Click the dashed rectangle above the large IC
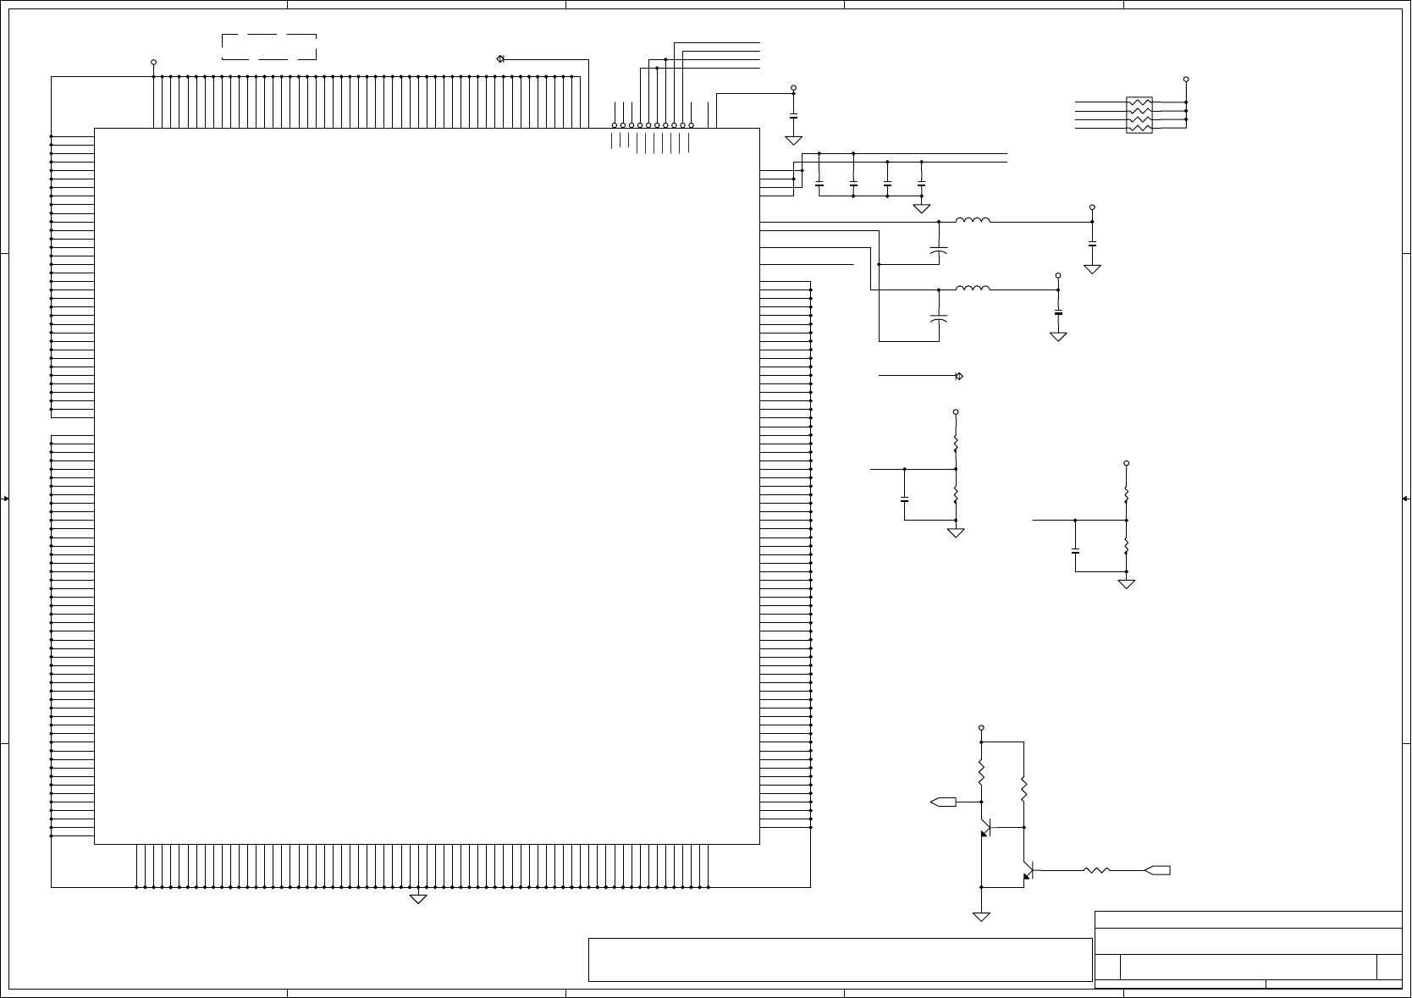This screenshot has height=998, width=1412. [x=269, y=47]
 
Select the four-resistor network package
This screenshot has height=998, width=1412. [x=1139, y=115]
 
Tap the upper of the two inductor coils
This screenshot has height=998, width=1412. [x=973, y=221]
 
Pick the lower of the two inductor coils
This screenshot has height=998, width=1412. [x=973, y=289]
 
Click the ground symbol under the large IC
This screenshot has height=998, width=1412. [x=418, y=898]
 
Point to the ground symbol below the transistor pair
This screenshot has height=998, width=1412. [x=981, y=917]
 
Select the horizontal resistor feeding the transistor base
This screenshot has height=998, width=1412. [x=1097, y=870]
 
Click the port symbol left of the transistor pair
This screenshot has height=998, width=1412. [x=943, y=802]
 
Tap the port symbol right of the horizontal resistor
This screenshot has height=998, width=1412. [x=1157, y=870]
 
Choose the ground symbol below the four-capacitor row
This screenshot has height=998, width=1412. [x=922, y=208]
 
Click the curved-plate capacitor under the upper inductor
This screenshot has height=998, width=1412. [x=939, y=251]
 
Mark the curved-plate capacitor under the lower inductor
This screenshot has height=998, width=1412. [x=939, y=319]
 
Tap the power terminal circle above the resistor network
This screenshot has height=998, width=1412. [x=1186, y=79]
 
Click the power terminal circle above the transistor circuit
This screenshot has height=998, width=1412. [x=981, y=728]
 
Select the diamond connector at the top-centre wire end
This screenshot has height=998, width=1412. [x=500, y=58]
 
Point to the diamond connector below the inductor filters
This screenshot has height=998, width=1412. [x=959, y=376]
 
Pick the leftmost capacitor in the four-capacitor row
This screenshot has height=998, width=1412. [x=819, y=183]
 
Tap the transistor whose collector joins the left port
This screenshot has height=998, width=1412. [x=985, y=828]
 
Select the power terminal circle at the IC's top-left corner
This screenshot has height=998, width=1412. [x=153, y=62]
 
